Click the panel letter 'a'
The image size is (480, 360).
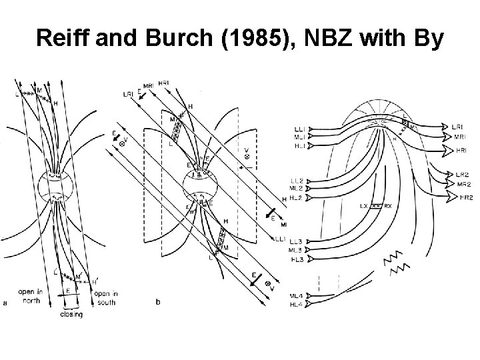[6, 303]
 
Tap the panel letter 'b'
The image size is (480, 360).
[158, 302]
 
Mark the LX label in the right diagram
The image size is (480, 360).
[365, 206]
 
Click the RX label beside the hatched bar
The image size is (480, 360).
[389, 206]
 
